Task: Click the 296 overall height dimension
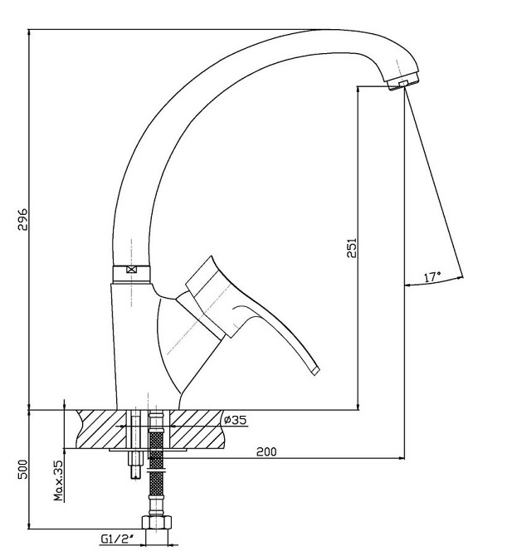click(22, 219)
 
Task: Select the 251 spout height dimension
click(352, 248)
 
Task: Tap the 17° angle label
click(432, 276)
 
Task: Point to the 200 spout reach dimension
click(266, 451)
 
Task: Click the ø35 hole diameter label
click(235, 420)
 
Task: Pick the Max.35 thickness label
click(58, 480)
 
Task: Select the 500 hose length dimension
click(22, 469)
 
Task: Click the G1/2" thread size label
click(117, 539)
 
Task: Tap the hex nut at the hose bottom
click(156, 522)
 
